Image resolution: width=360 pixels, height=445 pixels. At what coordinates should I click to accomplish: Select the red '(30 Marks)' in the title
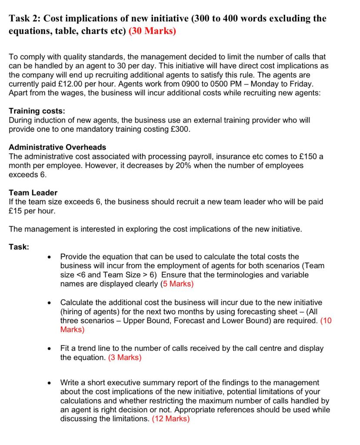pos(153,32)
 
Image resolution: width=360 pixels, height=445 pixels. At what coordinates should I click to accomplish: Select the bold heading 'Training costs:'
pos(37,111)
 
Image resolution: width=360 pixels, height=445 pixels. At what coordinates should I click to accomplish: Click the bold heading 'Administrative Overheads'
pos(57,147)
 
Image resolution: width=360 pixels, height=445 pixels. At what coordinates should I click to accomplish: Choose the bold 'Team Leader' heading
pos(33,193)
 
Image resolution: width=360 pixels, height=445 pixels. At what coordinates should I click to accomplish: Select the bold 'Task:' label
pos(19,247)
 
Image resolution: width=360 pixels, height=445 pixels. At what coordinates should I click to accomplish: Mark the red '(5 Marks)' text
pos(177,284)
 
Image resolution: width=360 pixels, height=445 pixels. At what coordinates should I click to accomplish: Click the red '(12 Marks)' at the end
pos(171,419)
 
